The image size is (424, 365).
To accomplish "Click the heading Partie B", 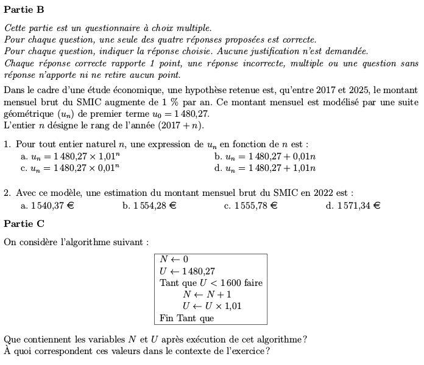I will point(23,10).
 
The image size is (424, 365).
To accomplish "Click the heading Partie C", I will point(23,224).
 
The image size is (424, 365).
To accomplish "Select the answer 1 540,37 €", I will point(48,206).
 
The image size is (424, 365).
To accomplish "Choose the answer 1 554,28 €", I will point(149,206).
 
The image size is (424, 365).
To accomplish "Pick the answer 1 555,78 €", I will point(250,206).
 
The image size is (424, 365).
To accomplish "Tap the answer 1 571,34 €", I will point(353,206).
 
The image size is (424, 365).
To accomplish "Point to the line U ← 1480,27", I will point(187,271).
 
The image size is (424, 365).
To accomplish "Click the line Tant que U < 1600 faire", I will point(211,283).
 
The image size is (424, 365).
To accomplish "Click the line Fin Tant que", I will point(186,318).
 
